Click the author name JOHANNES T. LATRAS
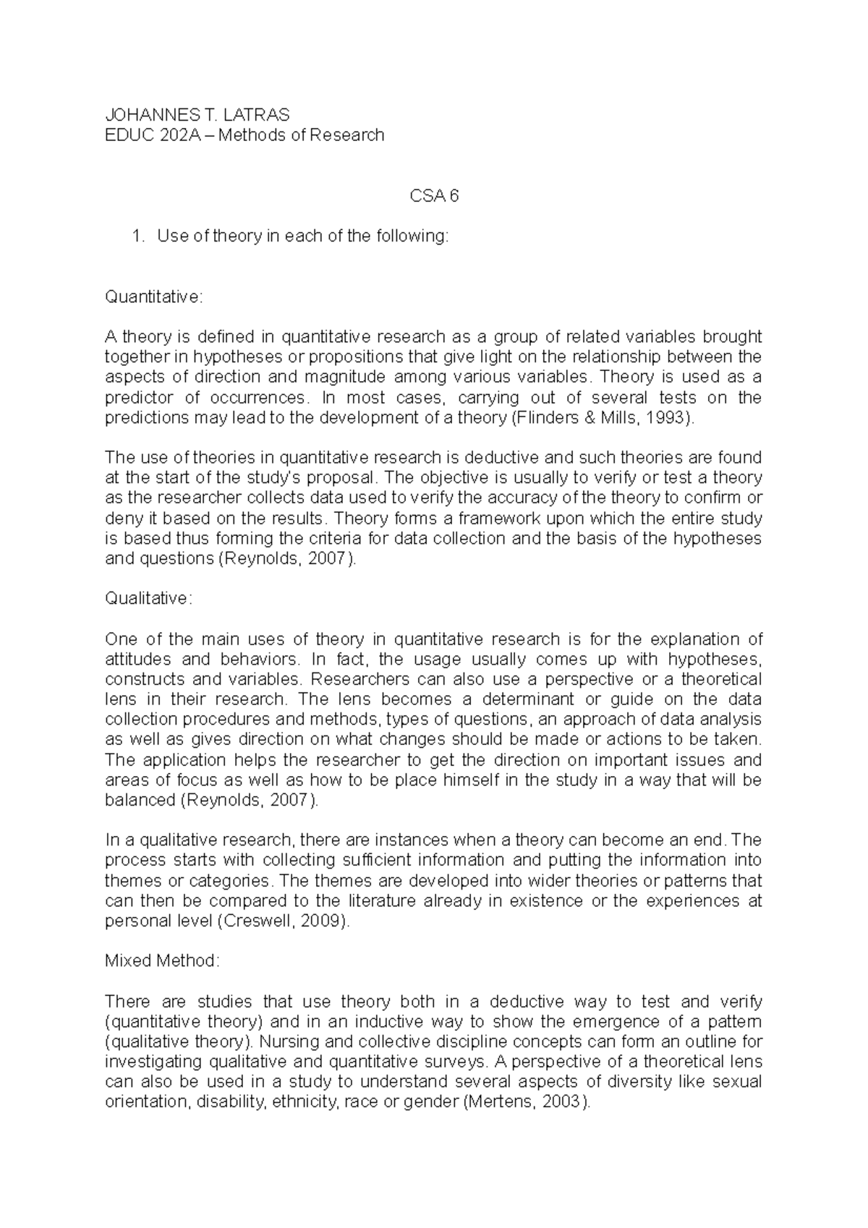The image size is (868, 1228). pos(197,114)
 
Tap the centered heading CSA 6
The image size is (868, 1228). pos(434,195)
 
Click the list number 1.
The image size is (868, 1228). pos(138,236)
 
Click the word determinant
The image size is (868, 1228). pos(528,699)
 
